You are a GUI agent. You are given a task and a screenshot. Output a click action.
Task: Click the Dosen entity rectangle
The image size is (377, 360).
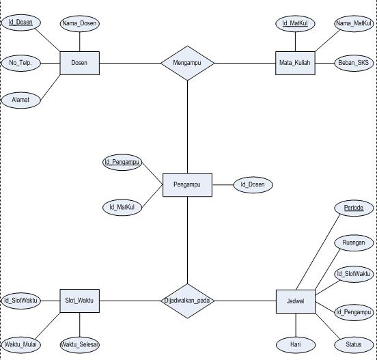point(79,64)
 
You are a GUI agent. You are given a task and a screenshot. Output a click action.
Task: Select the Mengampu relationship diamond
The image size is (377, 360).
point(187,64)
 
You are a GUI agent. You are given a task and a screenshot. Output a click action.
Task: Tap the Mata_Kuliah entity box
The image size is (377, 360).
point(295,64)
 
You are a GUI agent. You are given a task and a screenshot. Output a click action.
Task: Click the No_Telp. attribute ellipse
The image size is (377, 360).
point(20,63)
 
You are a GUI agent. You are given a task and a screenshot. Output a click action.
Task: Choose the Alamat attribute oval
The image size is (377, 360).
point(20,100)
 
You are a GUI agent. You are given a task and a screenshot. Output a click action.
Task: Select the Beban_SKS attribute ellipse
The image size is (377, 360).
point(353,63)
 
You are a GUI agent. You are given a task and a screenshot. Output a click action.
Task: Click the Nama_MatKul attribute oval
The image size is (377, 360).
point(353,24)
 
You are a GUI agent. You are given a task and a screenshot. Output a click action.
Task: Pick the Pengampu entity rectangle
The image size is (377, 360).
point(187,184)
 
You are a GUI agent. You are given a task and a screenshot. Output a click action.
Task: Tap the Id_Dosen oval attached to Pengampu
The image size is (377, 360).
point(253,184)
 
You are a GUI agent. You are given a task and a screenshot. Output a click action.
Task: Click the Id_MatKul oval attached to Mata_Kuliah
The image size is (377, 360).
point(295,24)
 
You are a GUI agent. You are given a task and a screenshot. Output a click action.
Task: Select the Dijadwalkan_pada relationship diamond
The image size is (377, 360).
point(187,301)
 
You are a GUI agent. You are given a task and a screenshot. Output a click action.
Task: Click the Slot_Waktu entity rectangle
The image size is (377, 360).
point(79,301)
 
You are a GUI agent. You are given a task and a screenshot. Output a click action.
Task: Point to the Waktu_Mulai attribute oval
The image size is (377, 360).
point(20,344)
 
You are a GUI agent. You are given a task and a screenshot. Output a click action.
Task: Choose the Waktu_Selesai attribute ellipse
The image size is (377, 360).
point(79,344)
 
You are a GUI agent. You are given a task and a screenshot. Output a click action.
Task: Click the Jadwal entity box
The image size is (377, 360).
point(295,301)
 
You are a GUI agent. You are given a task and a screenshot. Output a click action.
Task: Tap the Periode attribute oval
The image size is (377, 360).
point(353,208)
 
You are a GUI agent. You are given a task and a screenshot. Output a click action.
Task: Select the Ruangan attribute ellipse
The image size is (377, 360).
point(353,243)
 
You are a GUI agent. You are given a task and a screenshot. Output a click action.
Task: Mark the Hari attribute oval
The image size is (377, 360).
point(295,344)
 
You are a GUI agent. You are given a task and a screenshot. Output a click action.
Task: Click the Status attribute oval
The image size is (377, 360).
point(353,344)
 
